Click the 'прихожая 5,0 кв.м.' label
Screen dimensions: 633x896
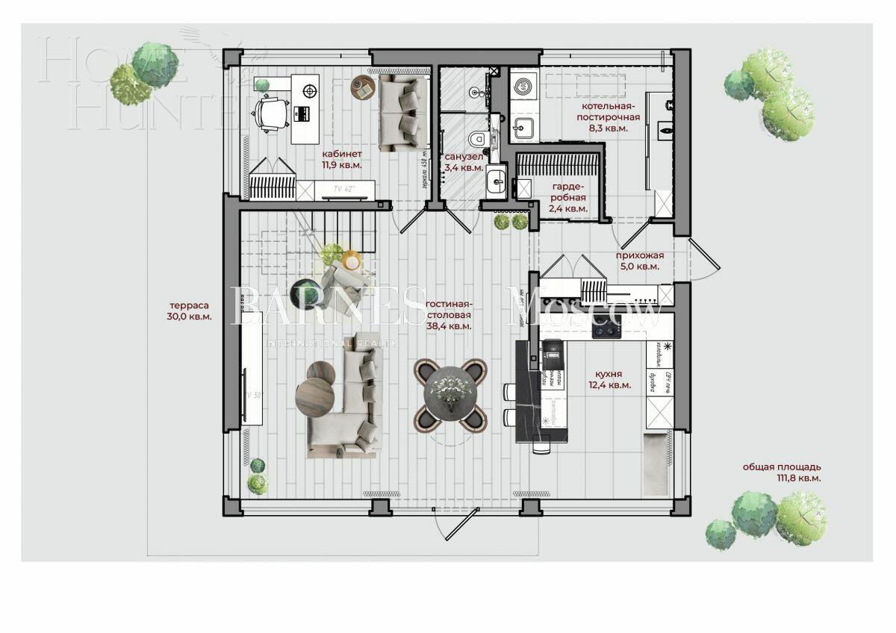tap(640, 261)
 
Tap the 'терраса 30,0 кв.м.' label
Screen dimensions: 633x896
tap(190, 311)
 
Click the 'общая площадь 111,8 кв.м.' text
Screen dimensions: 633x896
tap(782, 473)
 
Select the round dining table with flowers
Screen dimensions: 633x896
tap(450, 394)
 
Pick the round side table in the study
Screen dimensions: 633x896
tap(362, 87)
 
